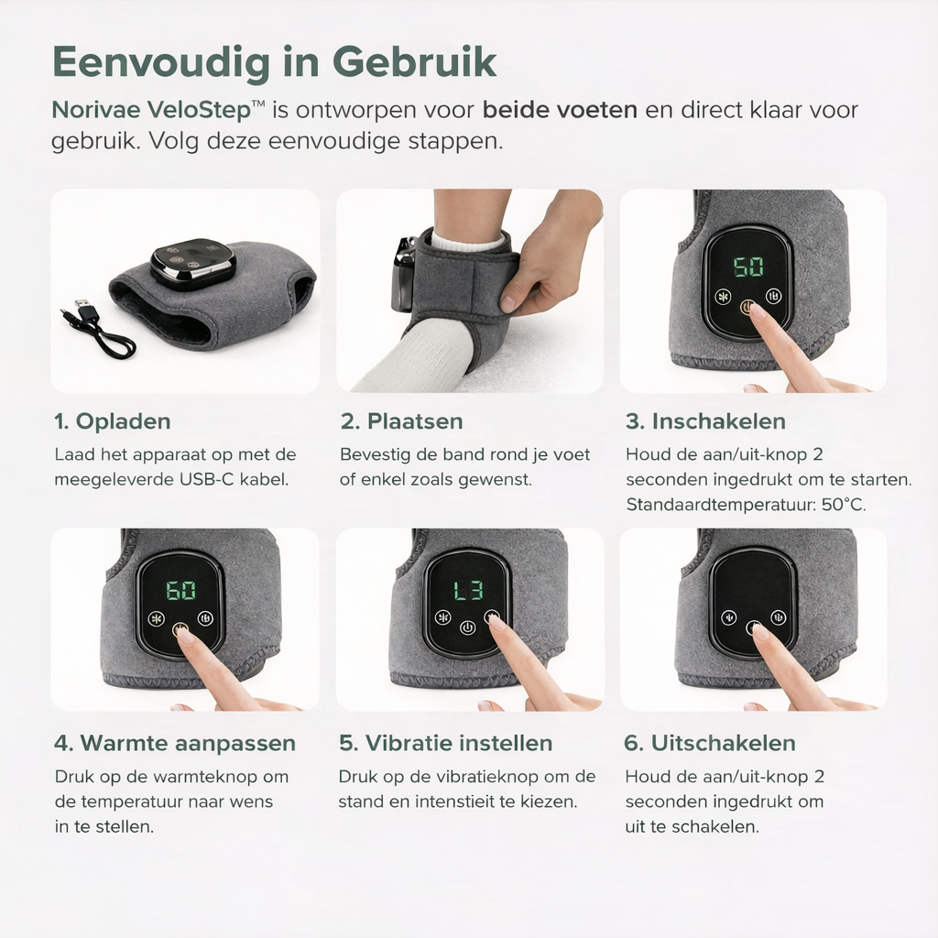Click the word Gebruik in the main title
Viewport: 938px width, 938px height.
[x=414, y=61]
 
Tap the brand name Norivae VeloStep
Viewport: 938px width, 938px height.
[x=158, y=110]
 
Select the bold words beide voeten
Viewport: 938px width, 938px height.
[x=560, y=110]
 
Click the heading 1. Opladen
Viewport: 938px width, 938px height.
[x=113, y=421]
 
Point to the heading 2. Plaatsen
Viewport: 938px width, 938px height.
[x=402, y=421]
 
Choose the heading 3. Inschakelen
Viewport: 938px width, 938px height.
[x=706, y=421]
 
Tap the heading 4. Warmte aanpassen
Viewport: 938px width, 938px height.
[x=175, y=743]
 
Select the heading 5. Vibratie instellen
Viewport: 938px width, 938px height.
[x=446, y=743]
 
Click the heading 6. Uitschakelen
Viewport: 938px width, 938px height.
[x=710, y=743]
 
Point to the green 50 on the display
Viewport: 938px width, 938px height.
[x=748, y=267]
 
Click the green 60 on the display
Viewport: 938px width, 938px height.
[x=180, y=591]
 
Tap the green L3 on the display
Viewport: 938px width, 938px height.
[x=468, y=591]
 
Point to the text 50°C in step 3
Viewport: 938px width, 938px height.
[x=844, y=505]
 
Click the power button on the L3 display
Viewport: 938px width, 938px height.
[x=468, y=627]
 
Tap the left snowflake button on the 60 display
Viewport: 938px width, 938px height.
[x=157, y=618]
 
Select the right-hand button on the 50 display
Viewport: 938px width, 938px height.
[x=774, y=296]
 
